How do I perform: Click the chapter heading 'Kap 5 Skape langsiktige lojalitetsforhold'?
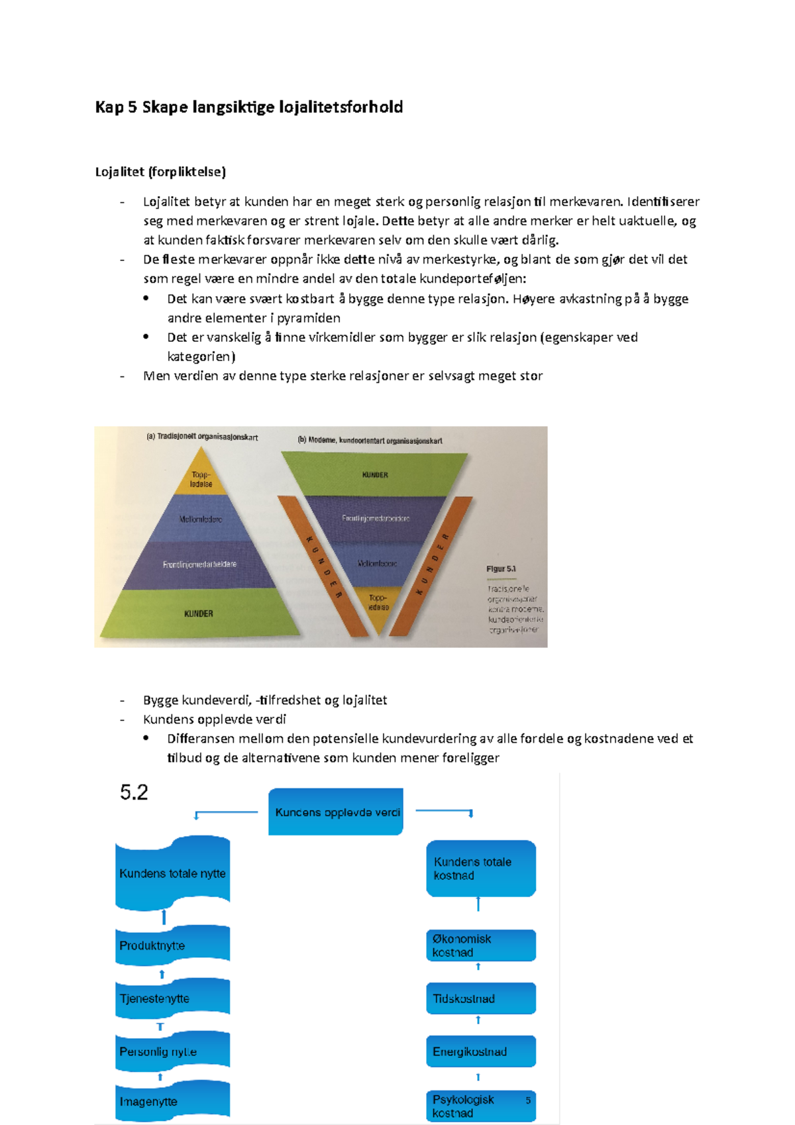click(249, 107)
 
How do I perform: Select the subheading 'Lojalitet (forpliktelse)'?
click(160, 172)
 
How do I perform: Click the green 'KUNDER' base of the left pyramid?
click(198, 614)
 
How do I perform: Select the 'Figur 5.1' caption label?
click(501, 569)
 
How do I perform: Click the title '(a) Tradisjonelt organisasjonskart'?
click(202, 437)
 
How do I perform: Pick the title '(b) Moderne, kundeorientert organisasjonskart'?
click(370, 441)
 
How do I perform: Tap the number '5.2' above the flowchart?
click(134, 792)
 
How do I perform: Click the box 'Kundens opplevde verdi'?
click(336, 812)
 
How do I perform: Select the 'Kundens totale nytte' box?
click(172, 873)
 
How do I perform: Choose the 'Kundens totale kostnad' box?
click(480, 869)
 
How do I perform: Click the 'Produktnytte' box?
click(172, 945)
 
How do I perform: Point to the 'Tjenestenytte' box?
click(172, 998)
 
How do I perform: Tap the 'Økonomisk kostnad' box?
click(480, 945)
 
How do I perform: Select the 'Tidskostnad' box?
click(480, 998)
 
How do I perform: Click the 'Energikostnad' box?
click(480, 1051)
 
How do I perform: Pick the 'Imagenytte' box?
click(172, 1101)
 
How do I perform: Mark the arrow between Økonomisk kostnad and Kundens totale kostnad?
click(478, 904)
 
